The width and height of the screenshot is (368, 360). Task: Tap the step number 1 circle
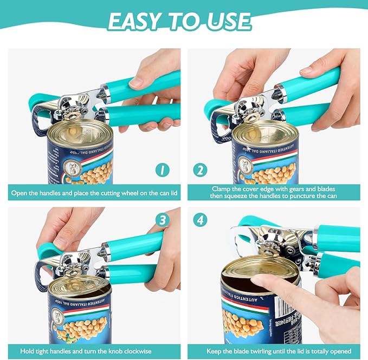(x=162, y=170)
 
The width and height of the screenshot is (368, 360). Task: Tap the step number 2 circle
(x=200, y=170)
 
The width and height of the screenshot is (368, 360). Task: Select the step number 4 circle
(x=200, y=221)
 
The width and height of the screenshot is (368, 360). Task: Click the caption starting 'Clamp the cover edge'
(x=274, y=192)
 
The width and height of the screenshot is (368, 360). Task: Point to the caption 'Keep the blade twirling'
(x=274, y=351)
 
